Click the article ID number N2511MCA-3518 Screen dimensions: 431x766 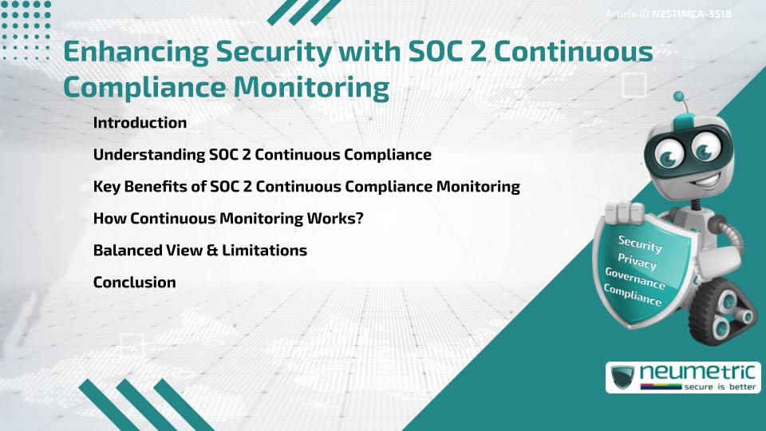coord(692,14)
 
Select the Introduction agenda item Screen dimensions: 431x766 coord(140,123)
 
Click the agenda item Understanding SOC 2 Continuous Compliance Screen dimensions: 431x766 coord(262,155)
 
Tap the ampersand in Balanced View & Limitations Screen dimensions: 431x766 coord(212,251)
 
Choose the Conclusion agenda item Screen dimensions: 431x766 coord(134,283)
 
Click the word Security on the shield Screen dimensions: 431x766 coord(641,244)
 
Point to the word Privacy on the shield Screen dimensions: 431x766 coord(637,261)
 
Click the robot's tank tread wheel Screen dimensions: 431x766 coord(723,313)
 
